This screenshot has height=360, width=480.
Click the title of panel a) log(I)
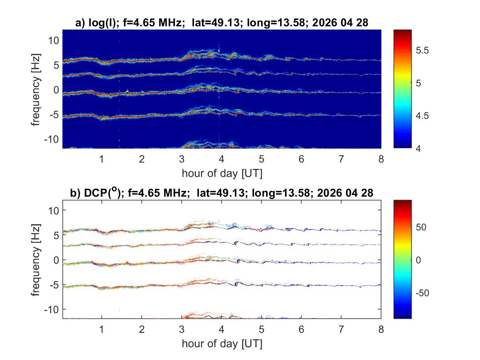pos(222,22)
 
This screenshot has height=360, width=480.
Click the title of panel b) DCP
pos(222,193)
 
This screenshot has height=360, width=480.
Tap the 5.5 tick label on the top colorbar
pos(422,51)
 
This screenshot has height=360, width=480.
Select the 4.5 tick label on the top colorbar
pos(422,116)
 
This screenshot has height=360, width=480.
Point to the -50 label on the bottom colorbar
pos(422,293)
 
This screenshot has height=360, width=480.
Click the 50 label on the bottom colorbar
pos(421,227)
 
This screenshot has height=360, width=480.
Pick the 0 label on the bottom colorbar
pos(418,260)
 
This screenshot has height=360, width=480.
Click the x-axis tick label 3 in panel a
pos(182,159)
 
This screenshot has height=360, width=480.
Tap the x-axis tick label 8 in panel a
pos(381,159)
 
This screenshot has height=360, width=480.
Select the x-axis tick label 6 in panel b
pos(301,330)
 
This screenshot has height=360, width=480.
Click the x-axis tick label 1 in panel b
pos(102,330)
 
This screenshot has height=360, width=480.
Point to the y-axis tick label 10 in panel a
pos(53,40)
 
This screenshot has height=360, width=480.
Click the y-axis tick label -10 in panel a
pos(51,139)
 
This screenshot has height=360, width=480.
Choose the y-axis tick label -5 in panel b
pos(54,285)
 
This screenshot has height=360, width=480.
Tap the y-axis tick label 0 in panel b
pos(56,260)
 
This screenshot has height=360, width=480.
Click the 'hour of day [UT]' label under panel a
pos(222,173)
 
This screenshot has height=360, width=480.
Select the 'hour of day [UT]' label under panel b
pos(222,344)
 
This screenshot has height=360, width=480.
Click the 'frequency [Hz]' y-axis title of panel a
pos(35,89)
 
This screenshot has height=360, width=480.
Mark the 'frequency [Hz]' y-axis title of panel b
pos(35,260)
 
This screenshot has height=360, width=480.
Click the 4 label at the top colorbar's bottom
pos(418,149)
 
